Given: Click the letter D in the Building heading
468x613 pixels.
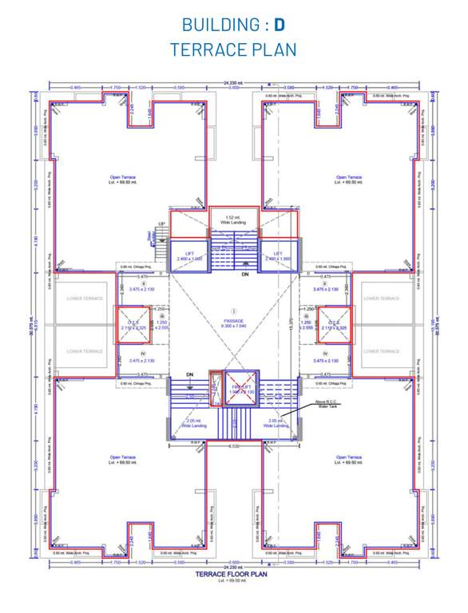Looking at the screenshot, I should [280, 25].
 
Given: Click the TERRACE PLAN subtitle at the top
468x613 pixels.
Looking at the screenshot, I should [233, 49].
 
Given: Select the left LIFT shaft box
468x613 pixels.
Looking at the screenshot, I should [190, 255].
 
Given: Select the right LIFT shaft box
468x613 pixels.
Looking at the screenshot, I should [279, 255].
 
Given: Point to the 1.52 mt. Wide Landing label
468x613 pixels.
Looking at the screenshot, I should [235, 219].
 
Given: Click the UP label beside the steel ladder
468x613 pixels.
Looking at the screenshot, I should [161, 223].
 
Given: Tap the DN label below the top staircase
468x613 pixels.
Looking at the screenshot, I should [246, 274].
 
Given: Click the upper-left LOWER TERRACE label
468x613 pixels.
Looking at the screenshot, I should [85, 299].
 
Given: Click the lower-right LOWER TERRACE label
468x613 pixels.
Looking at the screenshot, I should [382, 351].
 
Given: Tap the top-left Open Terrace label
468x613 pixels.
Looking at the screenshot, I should [124, 180].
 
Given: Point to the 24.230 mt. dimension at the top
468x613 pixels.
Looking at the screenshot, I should [234, 82].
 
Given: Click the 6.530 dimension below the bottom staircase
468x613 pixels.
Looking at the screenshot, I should [234, 445].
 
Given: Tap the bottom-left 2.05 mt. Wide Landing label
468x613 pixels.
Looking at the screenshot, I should [193, 423].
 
